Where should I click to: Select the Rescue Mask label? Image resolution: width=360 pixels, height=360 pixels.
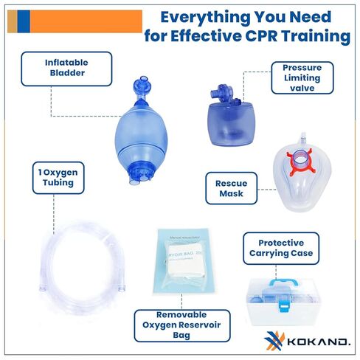click(230, 189)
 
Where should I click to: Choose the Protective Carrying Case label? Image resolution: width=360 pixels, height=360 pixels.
click(280, 249)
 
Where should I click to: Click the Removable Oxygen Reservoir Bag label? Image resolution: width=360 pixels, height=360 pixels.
click(181, 325)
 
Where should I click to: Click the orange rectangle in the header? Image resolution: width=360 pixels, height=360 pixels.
click(84, 21)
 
